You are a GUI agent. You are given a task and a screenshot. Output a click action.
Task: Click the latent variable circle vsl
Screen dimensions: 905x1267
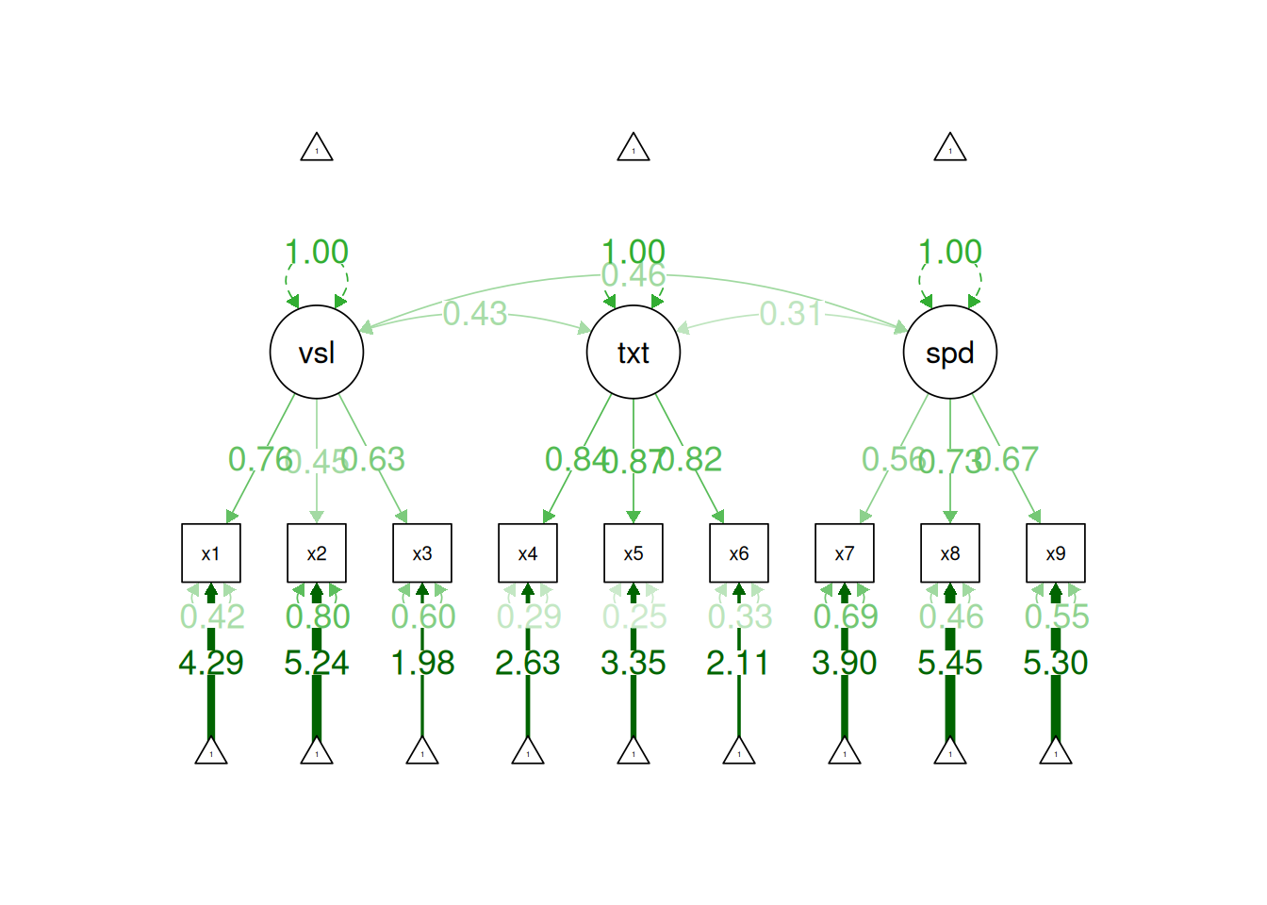317,353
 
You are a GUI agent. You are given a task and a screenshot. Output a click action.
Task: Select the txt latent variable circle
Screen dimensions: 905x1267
633,353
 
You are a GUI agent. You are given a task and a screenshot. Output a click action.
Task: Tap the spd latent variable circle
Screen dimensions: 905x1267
950,353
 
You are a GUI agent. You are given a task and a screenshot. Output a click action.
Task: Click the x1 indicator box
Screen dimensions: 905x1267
211,553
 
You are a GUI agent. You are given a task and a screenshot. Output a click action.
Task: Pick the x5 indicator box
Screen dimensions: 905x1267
633,553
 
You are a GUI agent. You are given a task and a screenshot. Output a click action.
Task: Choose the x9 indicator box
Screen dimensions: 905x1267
1056,553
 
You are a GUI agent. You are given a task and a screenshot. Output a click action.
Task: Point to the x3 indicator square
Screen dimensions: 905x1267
422,553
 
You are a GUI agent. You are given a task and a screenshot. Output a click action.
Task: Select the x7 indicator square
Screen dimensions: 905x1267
845,553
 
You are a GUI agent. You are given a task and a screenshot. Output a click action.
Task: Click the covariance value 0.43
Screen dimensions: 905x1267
475,314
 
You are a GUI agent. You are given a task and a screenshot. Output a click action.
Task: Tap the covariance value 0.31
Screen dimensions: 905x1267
792,314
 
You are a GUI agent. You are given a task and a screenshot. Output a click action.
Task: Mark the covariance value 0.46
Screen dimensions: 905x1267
633,275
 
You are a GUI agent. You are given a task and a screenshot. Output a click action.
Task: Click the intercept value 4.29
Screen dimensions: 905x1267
211,663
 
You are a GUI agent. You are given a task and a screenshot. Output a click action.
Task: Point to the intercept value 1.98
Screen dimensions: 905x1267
422,663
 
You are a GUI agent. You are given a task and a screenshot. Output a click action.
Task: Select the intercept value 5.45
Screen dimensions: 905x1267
950,663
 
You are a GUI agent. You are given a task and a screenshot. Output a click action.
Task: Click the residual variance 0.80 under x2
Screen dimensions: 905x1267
317,617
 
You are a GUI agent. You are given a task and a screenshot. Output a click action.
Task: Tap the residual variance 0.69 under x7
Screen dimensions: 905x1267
845,617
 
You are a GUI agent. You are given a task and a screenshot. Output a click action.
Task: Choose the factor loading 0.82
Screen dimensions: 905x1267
692,459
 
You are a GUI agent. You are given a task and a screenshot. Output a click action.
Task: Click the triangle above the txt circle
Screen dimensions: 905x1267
633,148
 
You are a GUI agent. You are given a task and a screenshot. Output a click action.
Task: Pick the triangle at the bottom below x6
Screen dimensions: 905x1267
739,751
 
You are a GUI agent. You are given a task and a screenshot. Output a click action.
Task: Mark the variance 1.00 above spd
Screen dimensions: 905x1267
950,252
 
